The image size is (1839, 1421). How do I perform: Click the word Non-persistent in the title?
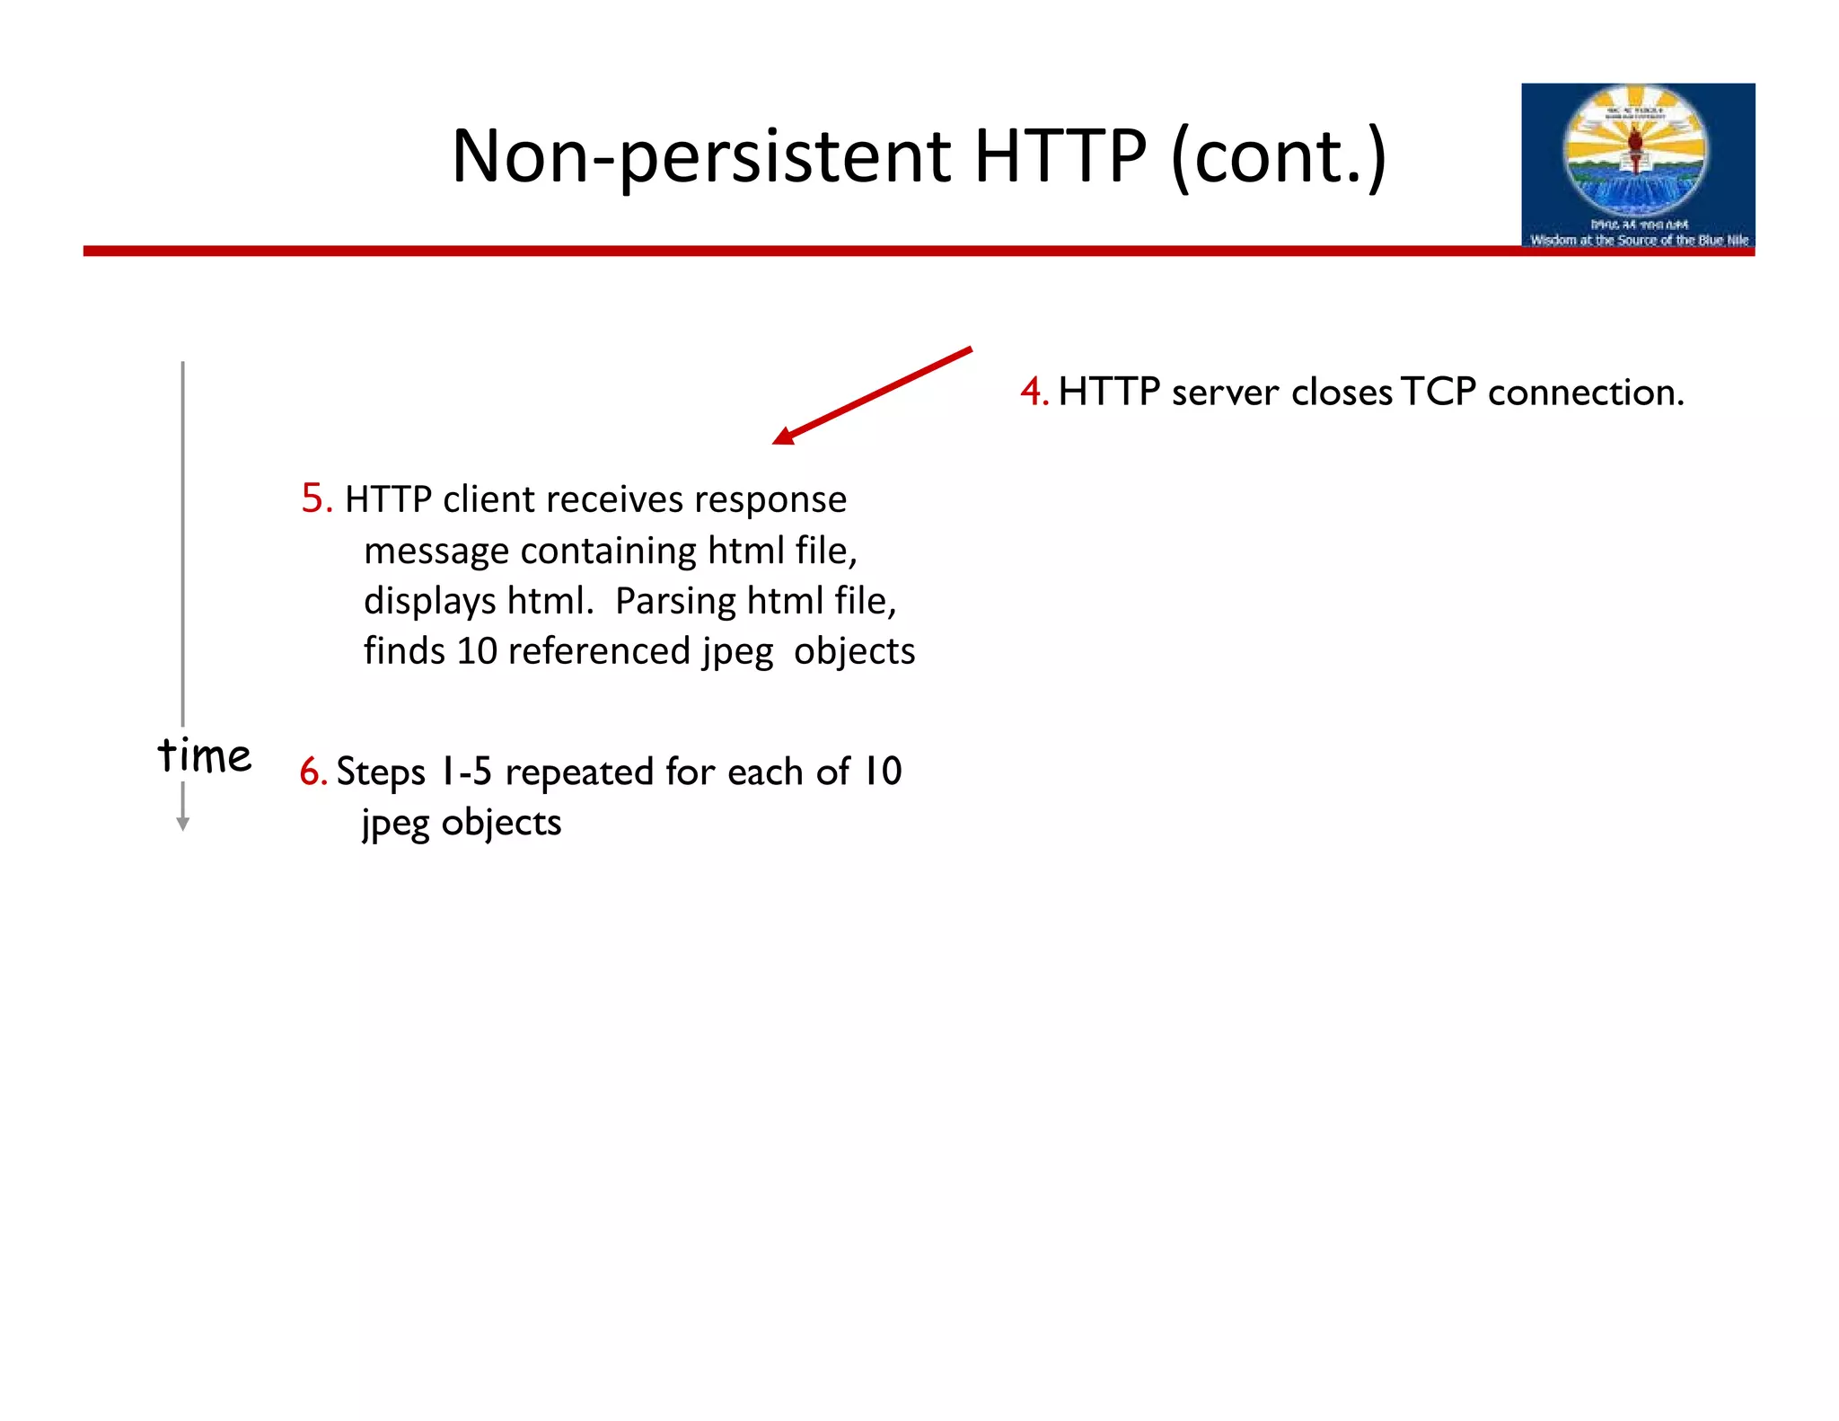click(700, 157)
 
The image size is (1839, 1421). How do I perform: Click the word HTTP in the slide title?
click(1060, 157)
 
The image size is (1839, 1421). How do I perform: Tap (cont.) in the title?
click(1279, 157)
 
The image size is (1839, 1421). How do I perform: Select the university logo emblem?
click(1636, 148)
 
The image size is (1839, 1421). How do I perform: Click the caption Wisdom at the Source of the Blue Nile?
click(1639, 240)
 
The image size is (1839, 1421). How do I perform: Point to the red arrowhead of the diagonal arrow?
click(783, 437)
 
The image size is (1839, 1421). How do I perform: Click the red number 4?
click(1033, 393)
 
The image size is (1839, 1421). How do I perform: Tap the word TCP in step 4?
click(1439, 393)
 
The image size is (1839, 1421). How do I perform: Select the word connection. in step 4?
click(1586, 393)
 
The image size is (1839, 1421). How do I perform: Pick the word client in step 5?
click(491, 499)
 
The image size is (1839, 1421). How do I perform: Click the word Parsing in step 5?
click(674, 601)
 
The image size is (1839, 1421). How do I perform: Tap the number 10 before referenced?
click(477, 651)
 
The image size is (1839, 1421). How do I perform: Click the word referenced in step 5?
click(600, 651)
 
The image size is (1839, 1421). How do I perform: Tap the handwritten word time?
click(205, 755)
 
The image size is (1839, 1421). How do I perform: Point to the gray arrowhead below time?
click(183, 824)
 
